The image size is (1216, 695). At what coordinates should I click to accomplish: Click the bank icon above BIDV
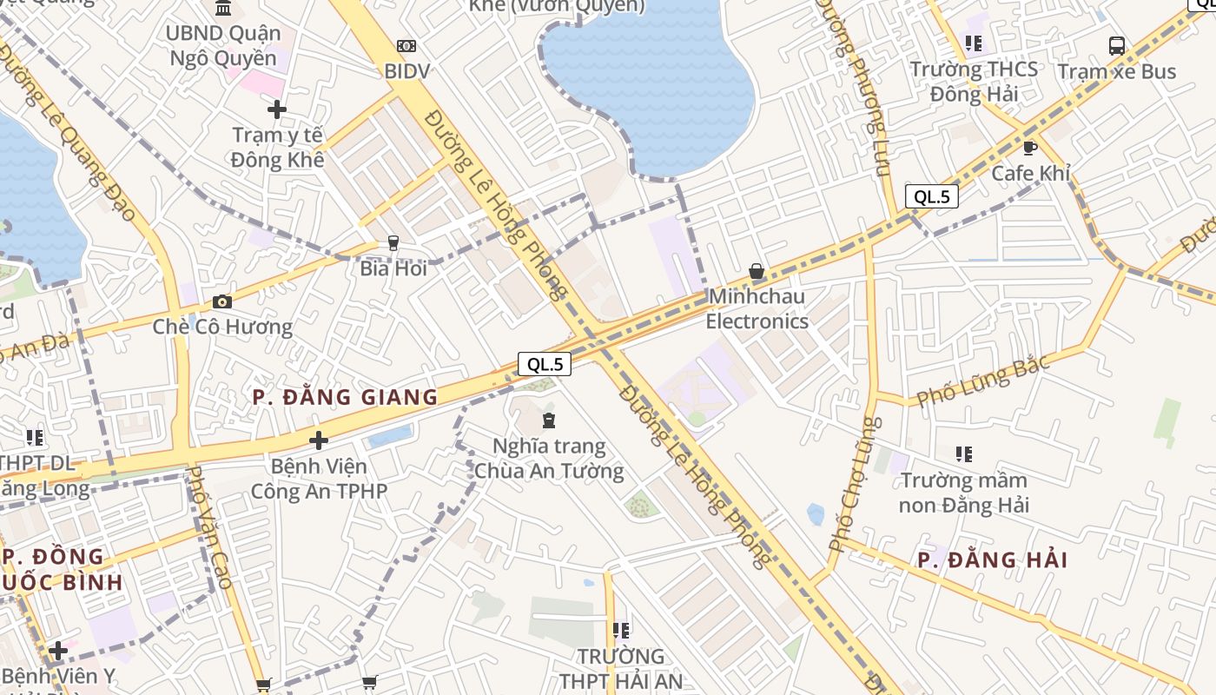pyautogui.click(x=406, y=46)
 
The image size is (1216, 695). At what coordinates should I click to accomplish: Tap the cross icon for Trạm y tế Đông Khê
pyautogui.click(x=277, y=109)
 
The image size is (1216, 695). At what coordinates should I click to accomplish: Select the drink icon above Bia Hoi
pyautogui.click(x=393, y=243)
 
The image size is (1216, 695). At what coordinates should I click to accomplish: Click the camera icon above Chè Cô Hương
pyautogui.click(x=222, y=301)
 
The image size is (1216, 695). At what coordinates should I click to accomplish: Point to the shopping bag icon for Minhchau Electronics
pyautogui.click(x=757, y=271)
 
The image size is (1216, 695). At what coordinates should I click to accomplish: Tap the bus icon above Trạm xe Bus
pyautogui.click(x=1117, y=46)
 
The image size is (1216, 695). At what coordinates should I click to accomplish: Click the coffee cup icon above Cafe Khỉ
pyautogui.click(x=1030, y=148)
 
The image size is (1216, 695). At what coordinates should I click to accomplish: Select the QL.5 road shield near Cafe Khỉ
pyautogui.click(x=932, y=196)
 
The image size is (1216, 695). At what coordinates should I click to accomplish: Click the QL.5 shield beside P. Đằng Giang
pyautogui.click(x=545, y=364)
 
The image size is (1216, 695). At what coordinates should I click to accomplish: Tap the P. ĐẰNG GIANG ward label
pyautogui.click(x=345, y=398)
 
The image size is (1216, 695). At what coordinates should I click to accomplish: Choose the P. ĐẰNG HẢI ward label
pyautogui.click(x=993, y=560)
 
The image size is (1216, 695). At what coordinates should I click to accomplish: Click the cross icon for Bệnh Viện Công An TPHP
pyautogui.click(x=319, y=440)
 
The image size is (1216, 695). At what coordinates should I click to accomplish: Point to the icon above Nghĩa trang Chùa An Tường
pyautogui.click(x=549, y=421)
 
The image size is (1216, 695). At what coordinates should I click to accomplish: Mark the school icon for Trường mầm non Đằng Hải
pyautogui.click(x=963, y=453)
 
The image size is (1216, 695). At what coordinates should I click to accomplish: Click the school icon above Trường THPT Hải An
pyautogui.click(x=620, y=630)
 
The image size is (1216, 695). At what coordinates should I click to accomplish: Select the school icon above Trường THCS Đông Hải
pyautogui.click(x=974, y=43)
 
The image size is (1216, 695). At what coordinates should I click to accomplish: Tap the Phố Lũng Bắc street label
pyautogui.click(x=983, y=380)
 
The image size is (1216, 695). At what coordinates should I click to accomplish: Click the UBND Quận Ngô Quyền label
pyautogui.click(x=223, y=46)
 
